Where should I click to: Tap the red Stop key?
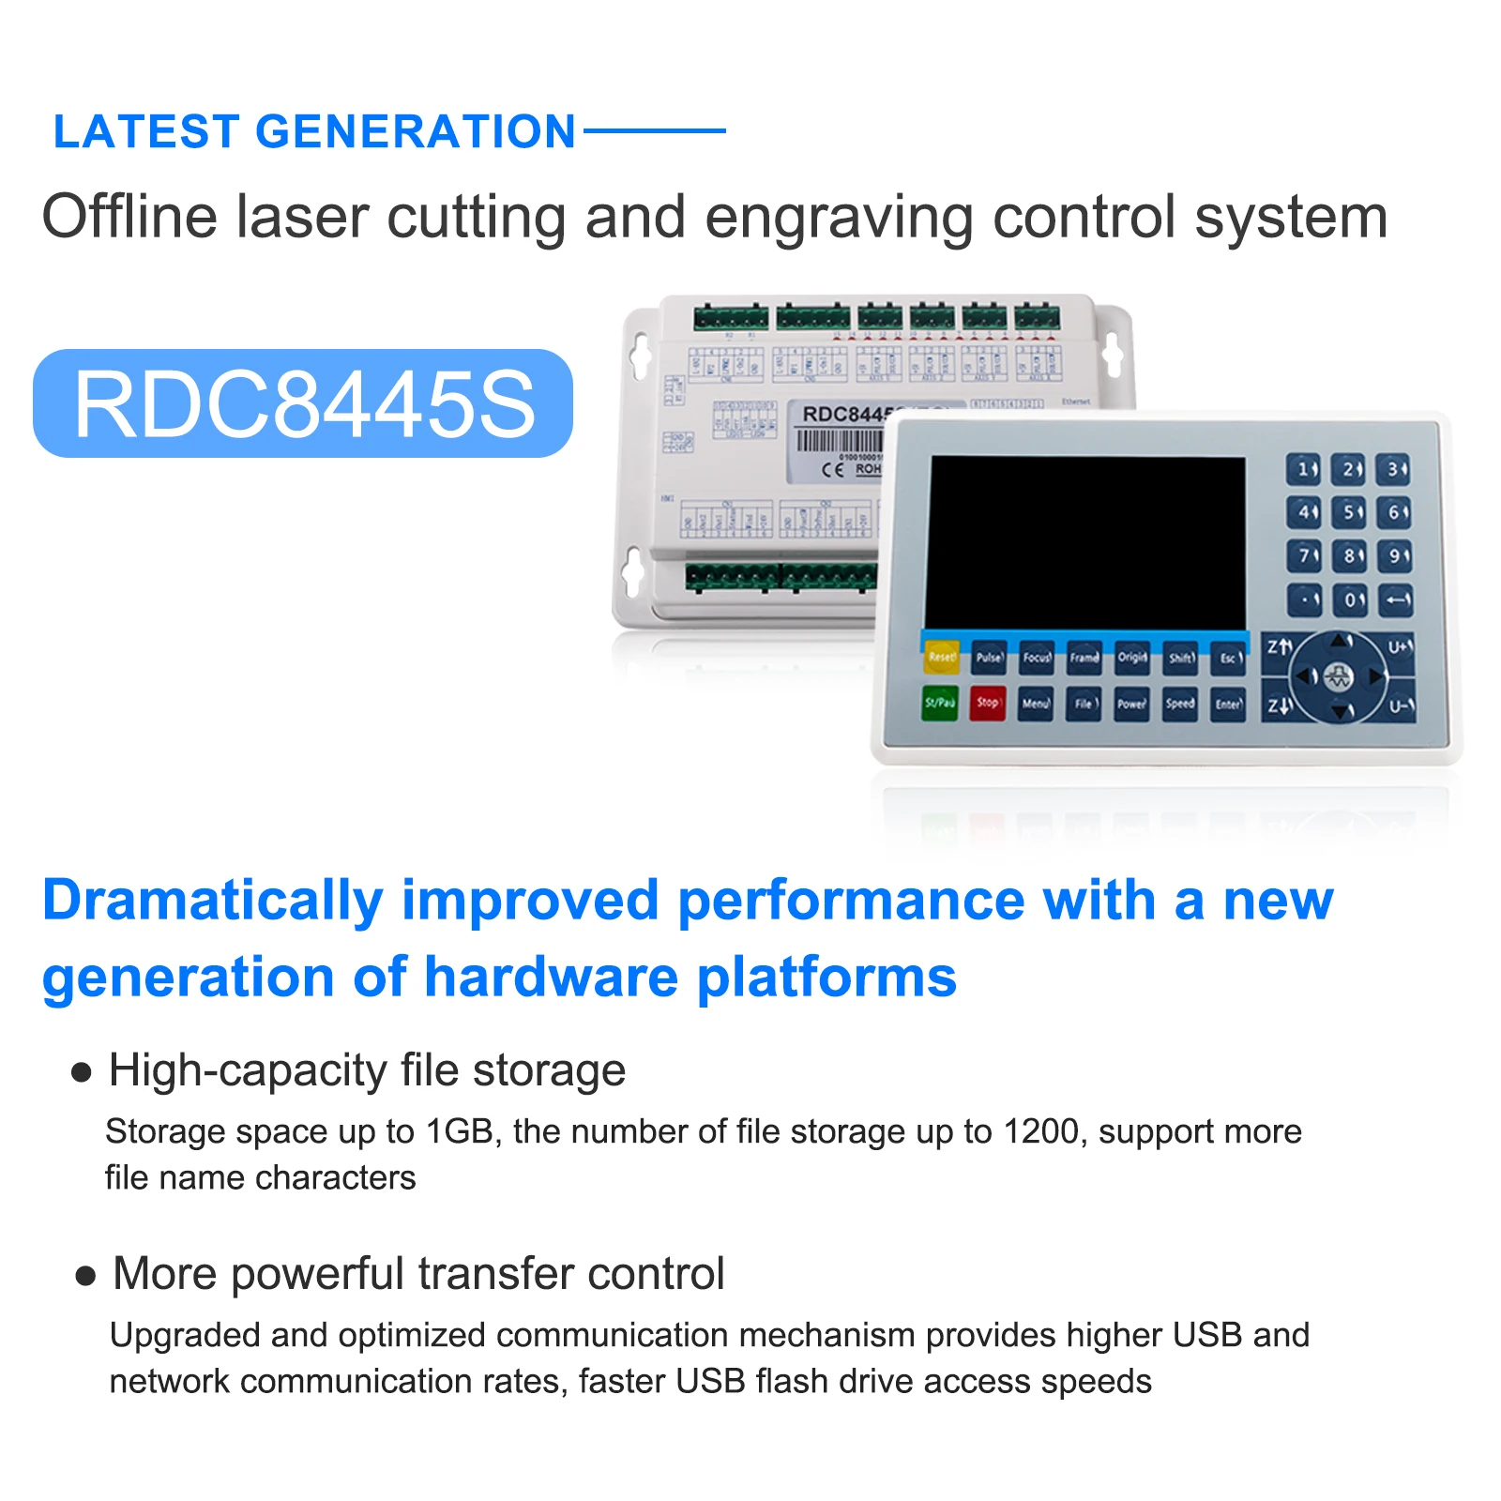point(987,703)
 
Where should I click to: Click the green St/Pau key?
point(939,703)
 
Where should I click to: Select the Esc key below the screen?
point(1229,659)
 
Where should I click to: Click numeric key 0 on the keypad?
point(1351,600)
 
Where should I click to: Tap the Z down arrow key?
point(1280,705)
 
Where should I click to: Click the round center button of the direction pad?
point(1339,676)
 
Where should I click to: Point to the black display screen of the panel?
point(1086,542)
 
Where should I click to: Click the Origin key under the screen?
point(1132,658)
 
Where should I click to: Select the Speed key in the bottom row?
point(1180,704)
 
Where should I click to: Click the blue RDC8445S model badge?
point(303,404)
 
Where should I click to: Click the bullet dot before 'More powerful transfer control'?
point(85,1276)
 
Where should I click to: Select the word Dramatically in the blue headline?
point(213,901)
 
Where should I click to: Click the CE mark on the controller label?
point(832,469)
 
